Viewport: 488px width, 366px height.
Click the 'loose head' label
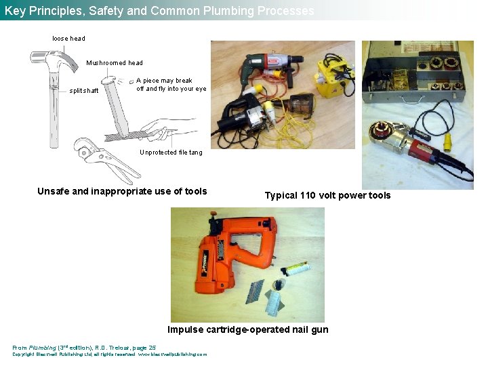[68, 39]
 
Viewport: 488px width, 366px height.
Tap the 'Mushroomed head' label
[115, 63]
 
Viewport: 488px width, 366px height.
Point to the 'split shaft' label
[85, 91]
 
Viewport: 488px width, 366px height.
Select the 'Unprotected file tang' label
[171, 152]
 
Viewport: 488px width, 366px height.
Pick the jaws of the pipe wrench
[84, 146]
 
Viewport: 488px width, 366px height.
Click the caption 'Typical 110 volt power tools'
[327, 196]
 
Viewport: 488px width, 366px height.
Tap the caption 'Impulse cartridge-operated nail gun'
[247, 329]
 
